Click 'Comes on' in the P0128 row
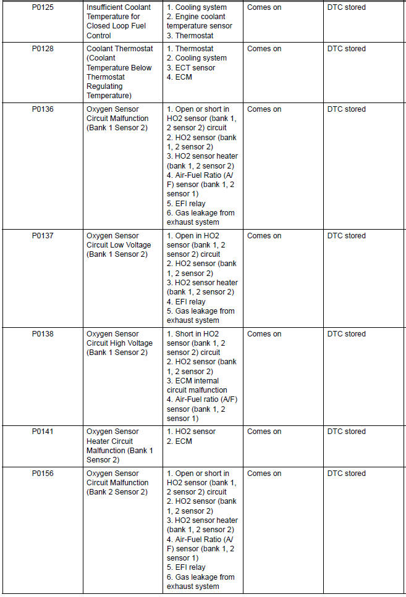[264, 49]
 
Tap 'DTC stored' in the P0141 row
[346, 432]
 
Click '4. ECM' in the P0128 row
[180, 77]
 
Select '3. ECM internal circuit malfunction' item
[197, 385]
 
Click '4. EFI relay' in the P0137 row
[186, 302]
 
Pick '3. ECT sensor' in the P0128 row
[191, 68]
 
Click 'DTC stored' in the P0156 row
[346, 474]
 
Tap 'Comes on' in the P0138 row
[264, 334]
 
